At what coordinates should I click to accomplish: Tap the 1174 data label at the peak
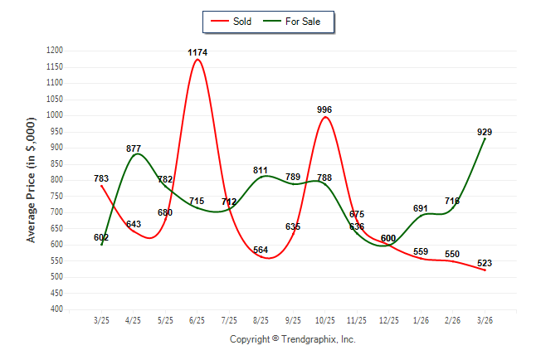197,52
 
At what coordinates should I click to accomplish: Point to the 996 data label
325,109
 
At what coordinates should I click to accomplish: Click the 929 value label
485,132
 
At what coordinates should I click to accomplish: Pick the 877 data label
134,148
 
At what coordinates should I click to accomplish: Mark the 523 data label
485,263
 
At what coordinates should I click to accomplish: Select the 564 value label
261,250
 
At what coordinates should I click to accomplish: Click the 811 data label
261,170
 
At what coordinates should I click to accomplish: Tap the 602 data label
102,237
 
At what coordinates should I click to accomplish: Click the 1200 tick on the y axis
54,51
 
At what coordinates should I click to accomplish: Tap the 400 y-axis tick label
56,309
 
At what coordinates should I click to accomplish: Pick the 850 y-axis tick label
56,164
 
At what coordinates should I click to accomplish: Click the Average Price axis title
32,179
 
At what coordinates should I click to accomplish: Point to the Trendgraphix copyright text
292,339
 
